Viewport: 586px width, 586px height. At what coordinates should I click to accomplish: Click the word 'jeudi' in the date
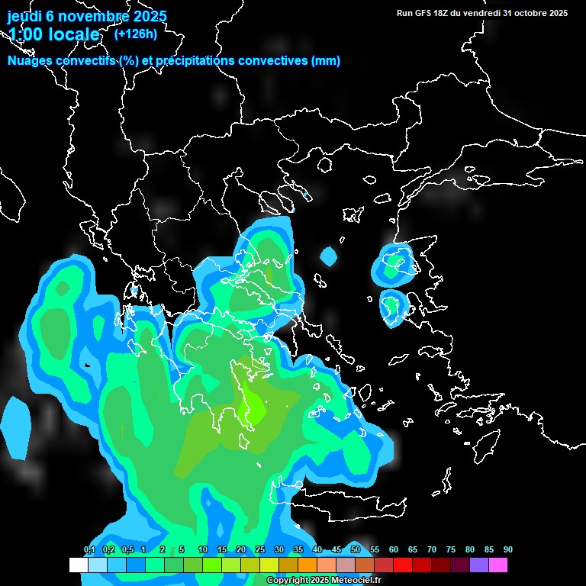pyautogui.click(x=24, y=16)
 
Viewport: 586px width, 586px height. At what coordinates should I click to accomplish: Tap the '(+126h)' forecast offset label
pyautogui.click(x=135, y=34)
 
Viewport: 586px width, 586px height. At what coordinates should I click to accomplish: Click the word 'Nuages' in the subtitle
pyautogui.click(x=28, y=61)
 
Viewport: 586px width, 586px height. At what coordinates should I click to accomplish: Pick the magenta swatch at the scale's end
pyautogui.click(x=498, y=565)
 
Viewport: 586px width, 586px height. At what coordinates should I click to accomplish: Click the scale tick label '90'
pyautogui.click(x=507, y=550)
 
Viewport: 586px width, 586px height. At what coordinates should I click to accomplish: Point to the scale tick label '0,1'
pyautogui.click(x=89, y=550)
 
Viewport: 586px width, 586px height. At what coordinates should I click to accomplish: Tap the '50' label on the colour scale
pyautogui.click(x=355, y=550)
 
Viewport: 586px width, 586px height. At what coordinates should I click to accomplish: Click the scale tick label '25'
pyautogui.click(x=259, y=550)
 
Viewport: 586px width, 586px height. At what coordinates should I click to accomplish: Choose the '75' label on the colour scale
pyautogui.click(x=450, y=550)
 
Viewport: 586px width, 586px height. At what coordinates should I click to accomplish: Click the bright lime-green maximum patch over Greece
pyautogui.click(x=252, y=407)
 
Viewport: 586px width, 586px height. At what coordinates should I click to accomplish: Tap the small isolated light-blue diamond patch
pyautogui.click(x=328, y=256)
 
